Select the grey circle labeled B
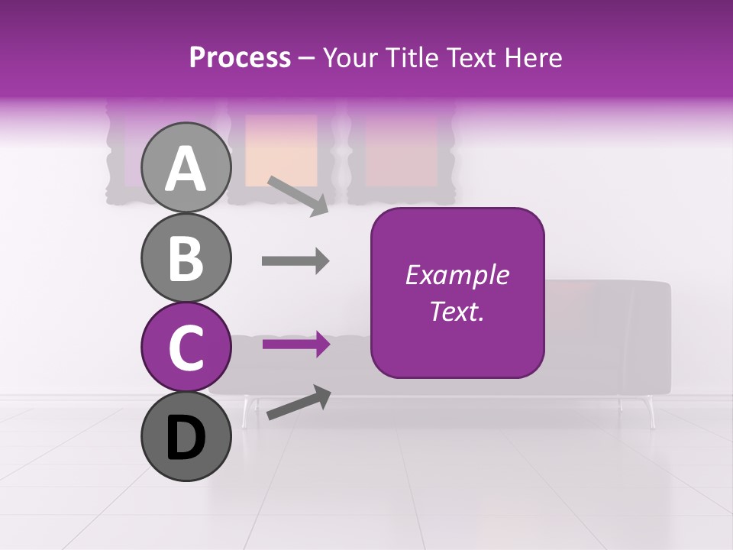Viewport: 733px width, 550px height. [186, 257]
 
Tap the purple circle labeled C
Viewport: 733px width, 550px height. [186, 348]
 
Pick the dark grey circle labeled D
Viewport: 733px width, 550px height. [186, 437]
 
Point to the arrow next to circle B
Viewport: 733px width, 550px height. [295, 261]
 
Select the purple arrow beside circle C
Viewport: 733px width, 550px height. [295, 345]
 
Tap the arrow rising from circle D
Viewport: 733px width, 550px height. [299, 403]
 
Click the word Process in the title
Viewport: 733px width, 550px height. [240, 57]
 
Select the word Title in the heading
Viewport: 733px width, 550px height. [413, 57]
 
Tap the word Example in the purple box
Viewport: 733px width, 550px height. [457, 275]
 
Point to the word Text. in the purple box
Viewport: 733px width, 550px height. [457, 311]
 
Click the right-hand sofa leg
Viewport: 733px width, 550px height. [651, 412]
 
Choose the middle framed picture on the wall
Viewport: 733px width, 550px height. [281, 151]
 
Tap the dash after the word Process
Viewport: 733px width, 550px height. [307, 59]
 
